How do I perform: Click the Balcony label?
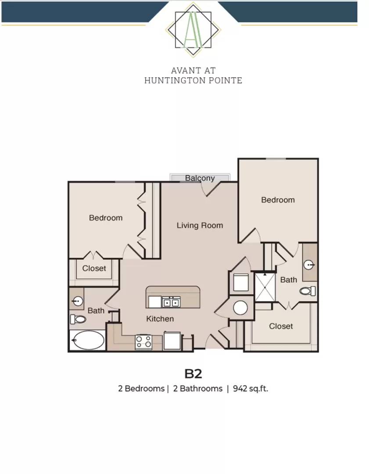[x=200, y=178]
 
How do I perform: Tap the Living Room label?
[x=200, y=226]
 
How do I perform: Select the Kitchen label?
[x=160, y=319]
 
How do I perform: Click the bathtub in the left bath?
[x=88, y=340]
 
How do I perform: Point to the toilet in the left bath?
[x=78, y=319]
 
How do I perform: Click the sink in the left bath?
[x=78, y=301]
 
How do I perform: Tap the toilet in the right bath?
[x=308, y=291]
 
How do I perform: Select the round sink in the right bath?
[x=309, y=265]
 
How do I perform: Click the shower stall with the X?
[x=265, y=287]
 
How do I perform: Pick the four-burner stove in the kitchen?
[x=143, y=342]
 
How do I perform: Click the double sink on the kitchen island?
[x=171, y=302]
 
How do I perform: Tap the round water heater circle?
[x=240, y=308]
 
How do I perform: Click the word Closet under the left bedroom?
[x=94, y=269]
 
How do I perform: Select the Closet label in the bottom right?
[x=281, y=326]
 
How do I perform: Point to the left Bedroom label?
[x=106, y=218]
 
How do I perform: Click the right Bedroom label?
[x=278, y=200]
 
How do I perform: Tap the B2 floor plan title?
[x=193, y=373]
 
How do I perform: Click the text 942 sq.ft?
[x=250, y=388]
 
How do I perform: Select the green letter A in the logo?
[x=193, y=31]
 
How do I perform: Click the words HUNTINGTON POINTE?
[x=193, y=80]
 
